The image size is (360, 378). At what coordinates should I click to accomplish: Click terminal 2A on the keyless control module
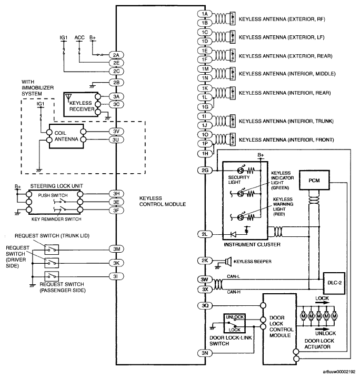pos(116,55)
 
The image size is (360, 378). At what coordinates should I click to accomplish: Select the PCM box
pos(314,180)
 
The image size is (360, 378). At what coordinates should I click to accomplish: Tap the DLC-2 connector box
pos(334,283)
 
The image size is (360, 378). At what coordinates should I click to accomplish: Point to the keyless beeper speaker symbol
pos(228,261)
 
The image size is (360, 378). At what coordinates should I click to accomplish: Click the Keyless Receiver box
pos(81,104)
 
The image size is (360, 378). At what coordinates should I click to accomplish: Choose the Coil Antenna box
pos(66,136)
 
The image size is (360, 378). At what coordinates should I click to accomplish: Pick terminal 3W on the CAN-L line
pos(205,280)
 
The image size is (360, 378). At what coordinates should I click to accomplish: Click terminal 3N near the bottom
pos(205,353)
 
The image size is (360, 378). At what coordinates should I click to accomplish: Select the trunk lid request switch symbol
pos(52,250)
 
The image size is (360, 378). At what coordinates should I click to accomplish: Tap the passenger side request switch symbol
pos(52,276)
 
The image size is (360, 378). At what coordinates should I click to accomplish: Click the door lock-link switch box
pos(234,323)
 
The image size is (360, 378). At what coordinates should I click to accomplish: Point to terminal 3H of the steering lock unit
pos(116,194)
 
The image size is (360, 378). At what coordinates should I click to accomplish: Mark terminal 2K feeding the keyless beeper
pos(205,261)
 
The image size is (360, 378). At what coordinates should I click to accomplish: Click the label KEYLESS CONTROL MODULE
pos(163,201)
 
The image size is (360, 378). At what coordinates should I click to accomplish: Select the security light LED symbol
pos(241,171)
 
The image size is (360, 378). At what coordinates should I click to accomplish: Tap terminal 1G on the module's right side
pos(205,107)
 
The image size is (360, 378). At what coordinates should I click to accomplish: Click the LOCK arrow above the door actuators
pos(323,303)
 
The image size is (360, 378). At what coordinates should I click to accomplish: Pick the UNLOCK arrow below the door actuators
pos(323,329)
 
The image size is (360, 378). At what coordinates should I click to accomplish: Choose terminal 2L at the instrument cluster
pos(205,234)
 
